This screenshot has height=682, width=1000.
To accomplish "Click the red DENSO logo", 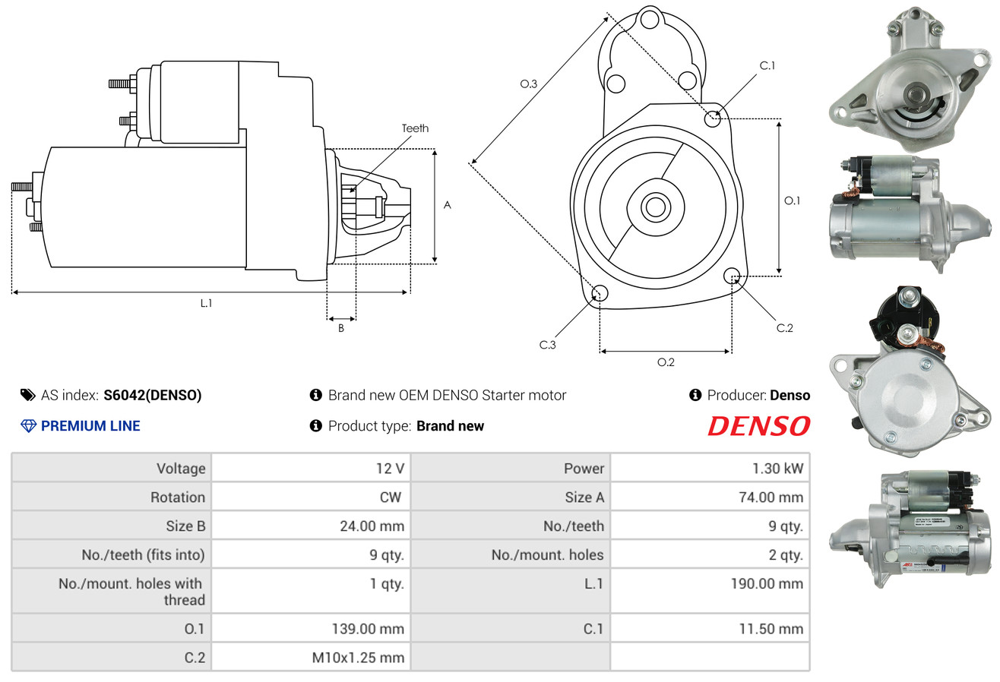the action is (758, 426).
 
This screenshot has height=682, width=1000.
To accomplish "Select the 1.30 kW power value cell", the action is (710, 468).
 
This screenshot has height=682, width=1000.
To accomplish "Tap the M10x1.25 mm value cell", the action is (311, 657).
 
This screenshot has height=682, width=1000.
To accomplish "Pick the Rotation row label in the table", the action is (178, 497).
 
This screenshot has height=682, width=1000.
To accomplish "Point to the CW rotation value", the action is (390, 497).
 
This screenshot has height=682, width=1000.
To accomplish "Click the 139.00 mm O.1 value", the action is (368, 629).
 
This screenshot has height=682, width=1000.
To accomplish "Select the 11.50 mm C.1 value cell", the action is (710, 629).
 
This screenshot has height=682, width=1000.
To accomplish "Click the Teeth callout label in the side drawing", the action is (415, 128).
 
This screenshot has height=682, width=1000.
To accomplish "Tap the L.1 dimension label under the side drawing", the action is (206, 303).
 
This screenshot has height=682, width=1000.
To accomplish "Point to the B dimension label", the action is (341, 328).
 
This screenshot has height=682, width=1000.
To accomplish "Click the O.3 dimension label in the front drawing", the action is (529, 84).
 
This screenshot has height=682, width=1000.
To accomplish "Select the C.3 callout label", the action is (547, 345).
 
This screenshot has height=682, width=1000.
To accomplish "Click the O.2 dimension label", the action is (666, 362).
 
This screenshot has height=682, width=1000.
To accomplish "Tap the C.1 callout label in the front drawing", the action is (767, 65).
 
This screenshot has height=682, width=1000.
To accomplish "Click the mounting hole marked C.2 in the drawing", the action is (732, 275).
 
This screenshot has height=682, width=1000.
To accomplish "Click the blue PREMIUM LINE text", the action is (90, 426).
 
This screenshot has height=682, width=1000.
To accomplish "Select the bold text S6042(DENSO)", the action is (153, 395).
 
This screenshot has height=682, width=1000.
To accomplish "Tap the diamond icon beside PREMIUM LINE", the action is (29, 426).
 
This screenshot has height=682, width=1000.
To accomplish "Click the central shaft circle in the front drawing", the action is (655, 207).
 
